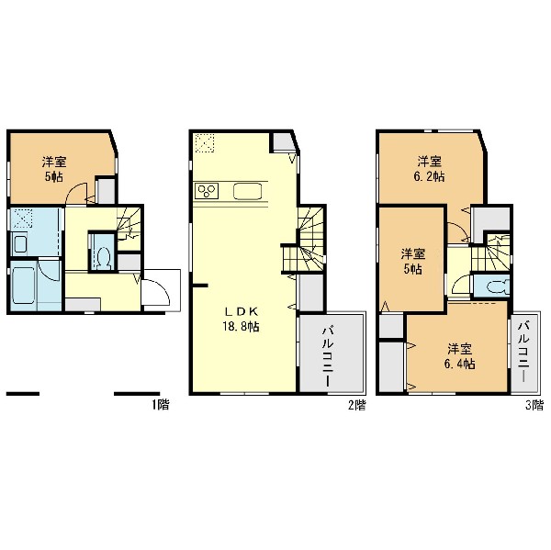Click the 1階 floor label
[160, 405]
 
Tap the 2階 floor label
[356, 405]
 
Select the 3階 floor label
[534, 405]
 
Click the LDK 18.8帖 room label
[241, 320]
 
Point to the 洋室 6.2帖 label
[430, 169]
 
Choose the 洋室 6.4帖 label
[460, 356]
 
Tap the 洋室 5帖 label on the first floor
[54, 169]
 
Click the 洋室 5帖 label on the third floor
[413, 262]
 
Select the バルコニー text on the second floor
[328, 356]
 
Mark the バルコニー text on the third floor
[523, 352]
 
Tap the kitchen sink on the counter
[247, 191]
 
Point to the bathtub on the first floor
[24, 285]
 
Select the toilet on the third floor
[497, 286]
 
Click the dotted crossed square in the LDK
[204, 143]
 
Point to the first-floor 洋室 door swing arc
[76, 194]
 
